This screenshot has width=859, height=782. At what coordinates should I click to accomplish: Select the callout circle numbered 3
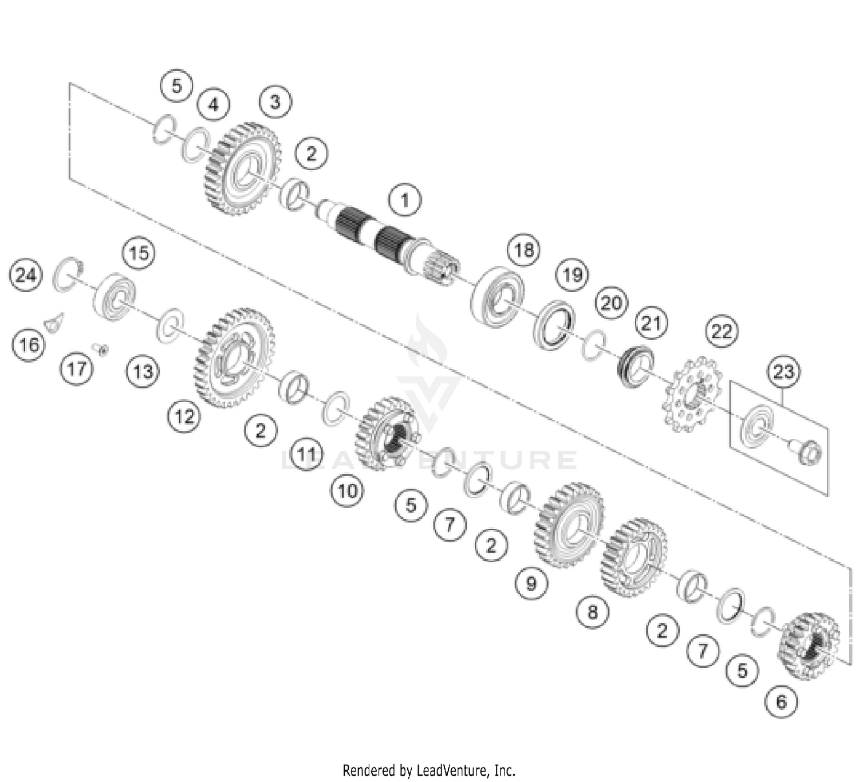(x=275, y=102)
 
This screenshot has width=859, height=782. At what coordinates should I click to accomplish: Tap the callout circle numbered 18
(x=523, y=250)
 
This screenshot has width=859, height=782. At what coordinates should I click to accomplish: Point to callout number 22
(x=722, y=331)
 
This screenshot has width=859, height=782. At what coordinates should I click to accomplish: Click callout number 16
(x=30, y=345)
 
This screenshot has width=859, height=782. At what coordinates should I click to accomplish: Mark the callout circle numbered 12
(x=184, y=416)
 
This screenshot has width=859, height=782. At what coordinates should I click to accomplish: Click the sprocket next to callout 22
(x=692, y=395)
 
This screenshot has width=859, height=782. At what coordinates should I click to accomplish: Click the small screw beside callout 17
(x=103, y=349)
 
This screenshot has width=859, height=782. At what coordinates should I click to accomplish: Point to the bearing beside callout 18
(x=498, y=297)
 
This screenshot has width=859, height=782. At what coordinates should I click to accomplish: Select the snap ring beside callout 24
(x=69, y=274)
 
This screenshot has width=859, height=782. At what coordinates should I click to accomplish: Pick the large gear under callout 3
(x=243, y=168)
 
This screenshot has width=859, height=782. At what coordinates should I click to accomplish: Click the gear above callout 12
(x=234, y=358)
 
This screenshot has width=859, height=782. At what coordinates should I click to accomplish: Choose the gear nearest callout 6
(x=809, y=646)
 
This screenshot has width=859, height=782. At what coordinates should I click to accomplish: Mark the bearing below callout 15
(x=115, y=296)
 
